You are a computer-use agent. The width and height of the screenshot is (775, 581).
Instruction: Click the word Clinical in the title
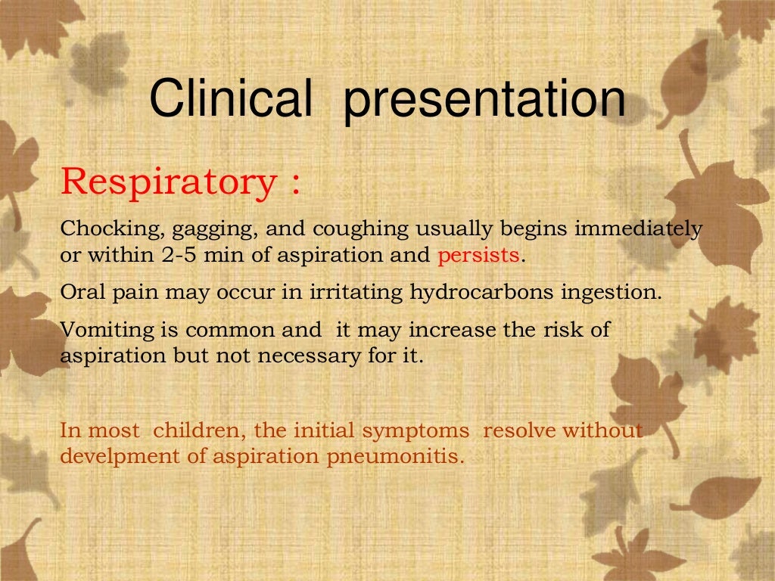(230, 100)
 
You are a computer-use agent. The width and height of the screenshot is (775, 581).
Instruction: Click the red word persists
(478, 256)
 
